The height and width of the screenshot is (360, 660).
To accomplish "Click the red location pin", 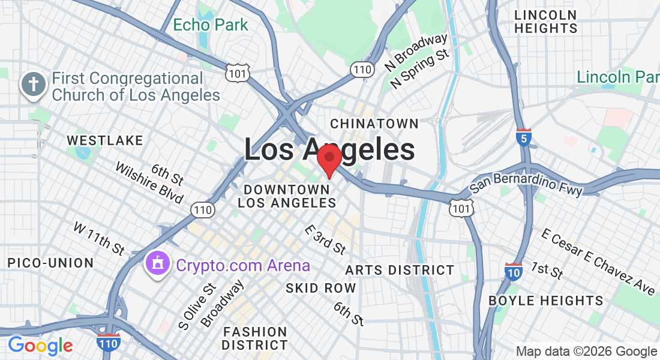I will click(329, 159).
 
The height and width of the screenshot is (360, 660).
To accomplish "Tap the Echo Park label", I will click(210, 25).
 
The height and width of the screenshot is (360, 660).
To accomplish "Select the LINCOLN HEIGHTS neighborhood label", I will click(545, 22).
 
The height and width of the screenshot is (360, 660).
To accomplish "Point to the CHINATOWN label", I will click(374, 124).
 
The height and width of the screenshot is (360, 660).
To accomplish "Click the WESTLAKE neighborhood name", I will click(105, 140).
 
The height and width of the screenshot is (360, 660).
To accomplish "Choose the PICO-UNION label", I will click(50, 263).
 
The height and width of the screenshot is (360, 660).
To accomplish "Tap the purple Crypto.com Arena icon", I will click(157, 264).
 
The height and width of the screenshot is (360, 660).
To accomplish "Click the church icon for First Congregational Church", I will click(34, 86).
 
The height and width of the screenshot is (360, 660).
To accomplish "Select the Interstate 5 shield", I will click(523, 137).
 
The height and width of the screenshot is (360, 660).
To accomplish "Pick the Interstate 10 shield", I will click(514, 271).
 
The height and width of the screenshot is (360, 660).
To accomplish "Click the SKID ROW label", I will click(320, 288).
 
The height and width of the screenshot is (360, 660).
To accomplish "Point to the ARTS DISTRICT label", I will click(400, 270).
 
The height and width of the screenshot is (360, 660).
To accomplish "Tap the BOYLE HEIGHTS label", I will click(546, 300).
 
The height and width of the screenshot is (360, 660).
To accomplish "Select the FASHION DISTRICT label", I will click(254, 338).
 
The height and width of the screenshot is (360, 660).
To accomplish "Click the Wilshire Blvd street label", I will click(149, 183).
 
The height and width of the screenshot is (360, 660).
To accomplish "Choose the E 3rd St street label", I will click(325, 239).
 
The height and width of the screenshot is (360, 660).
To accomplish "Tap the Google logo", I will click(40, 346).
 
